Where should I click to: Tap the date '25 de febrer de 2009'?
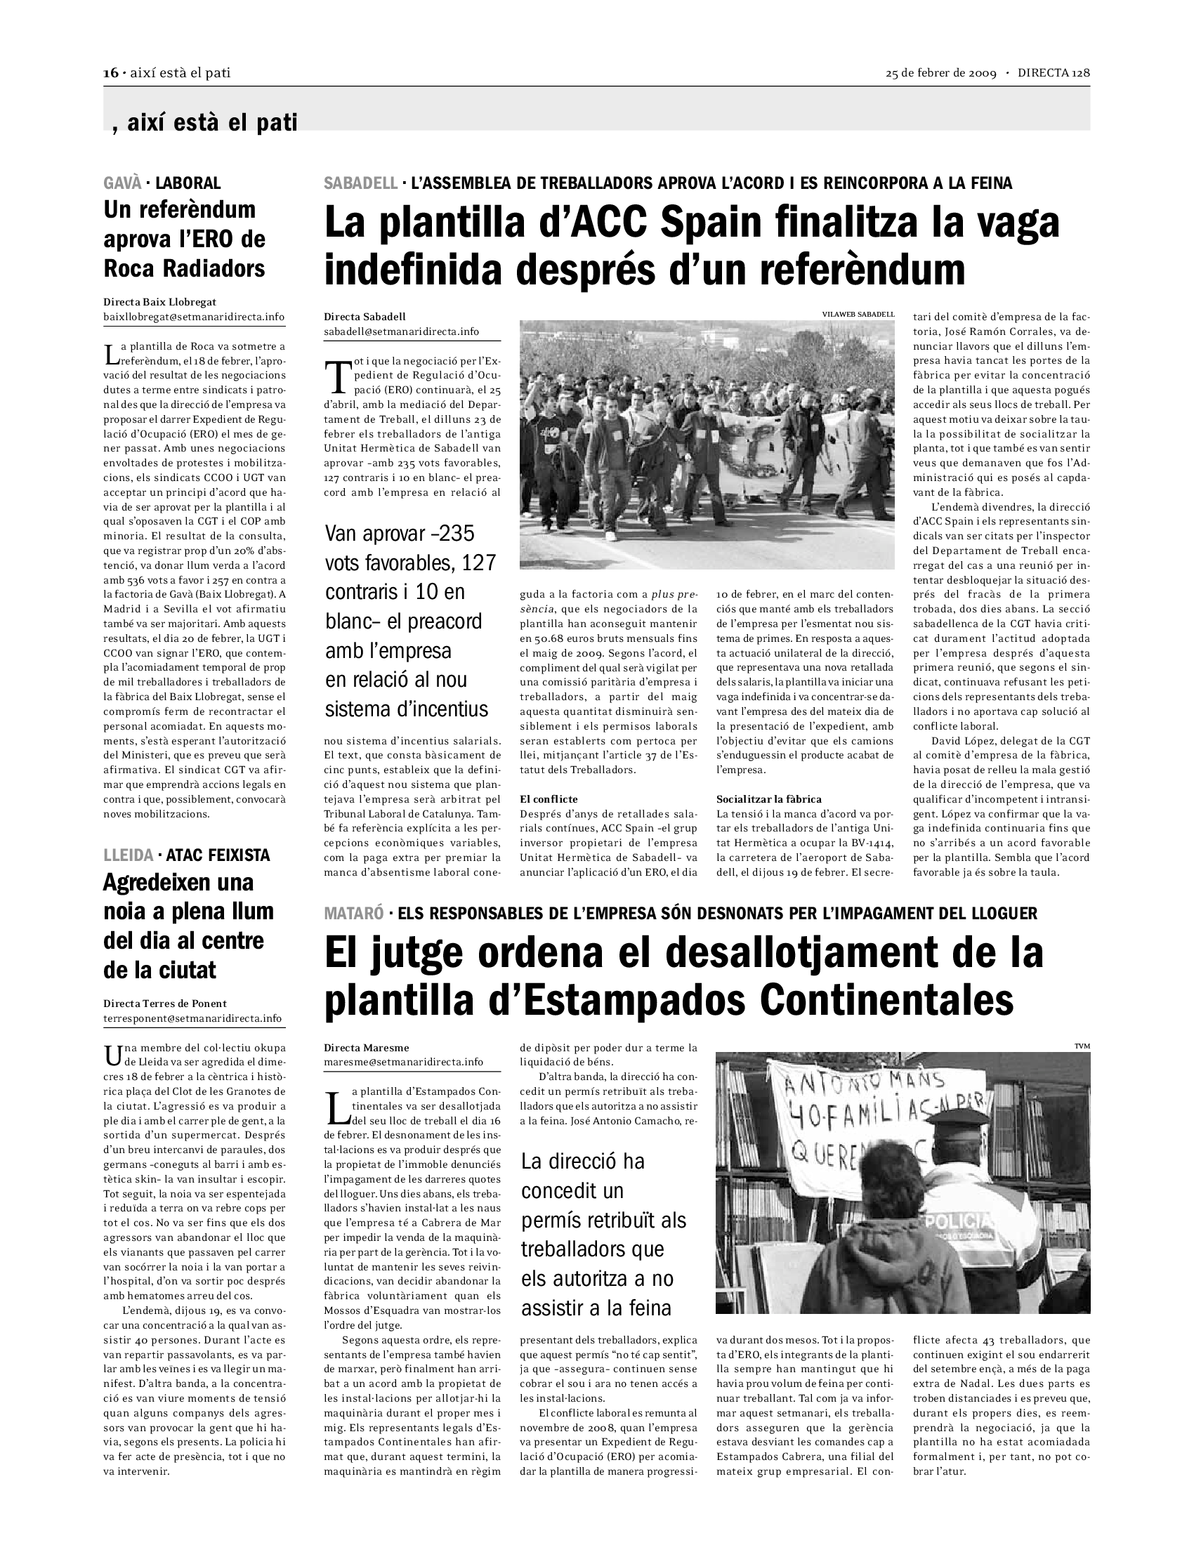tap(940, 74)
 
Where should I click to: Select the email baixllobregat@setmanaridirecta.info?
tap(194, 317)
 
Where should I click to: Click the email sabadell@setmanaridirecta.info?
tap(401, 331)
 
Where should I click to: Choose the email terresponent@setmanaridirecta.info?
tap(192, 1018)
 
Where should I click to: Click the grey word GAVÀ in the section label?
tap(122, 183)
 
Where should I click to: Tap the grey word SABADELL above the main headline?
tap(361, 183)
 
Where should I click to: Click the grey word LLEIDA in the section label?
tap(127, 855)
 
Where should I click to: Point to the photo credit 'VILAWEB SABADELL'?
tap(858, 314)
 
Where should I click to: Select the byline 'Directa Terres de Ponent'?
tap(165, 1003)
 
